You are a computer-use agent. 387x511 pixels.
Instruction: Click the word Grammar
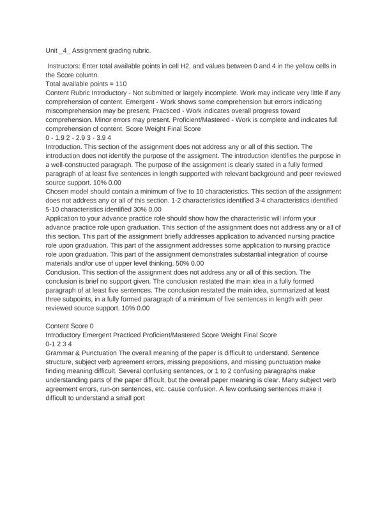[x=63, y=353]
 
